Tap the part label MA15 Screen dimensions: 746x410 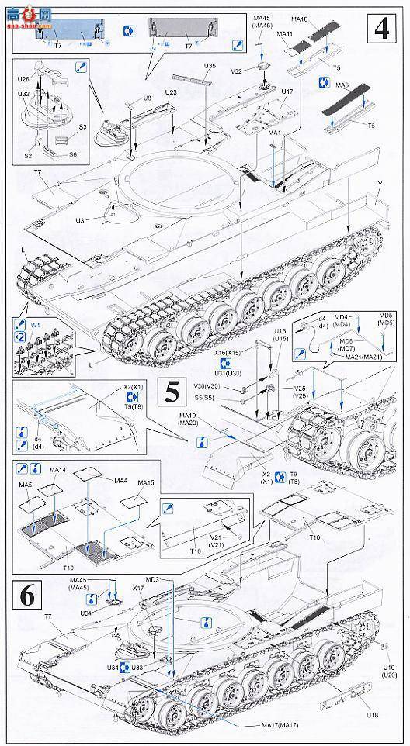click(145, 483)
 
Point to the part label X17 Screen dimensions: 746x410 click(138, 588)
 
